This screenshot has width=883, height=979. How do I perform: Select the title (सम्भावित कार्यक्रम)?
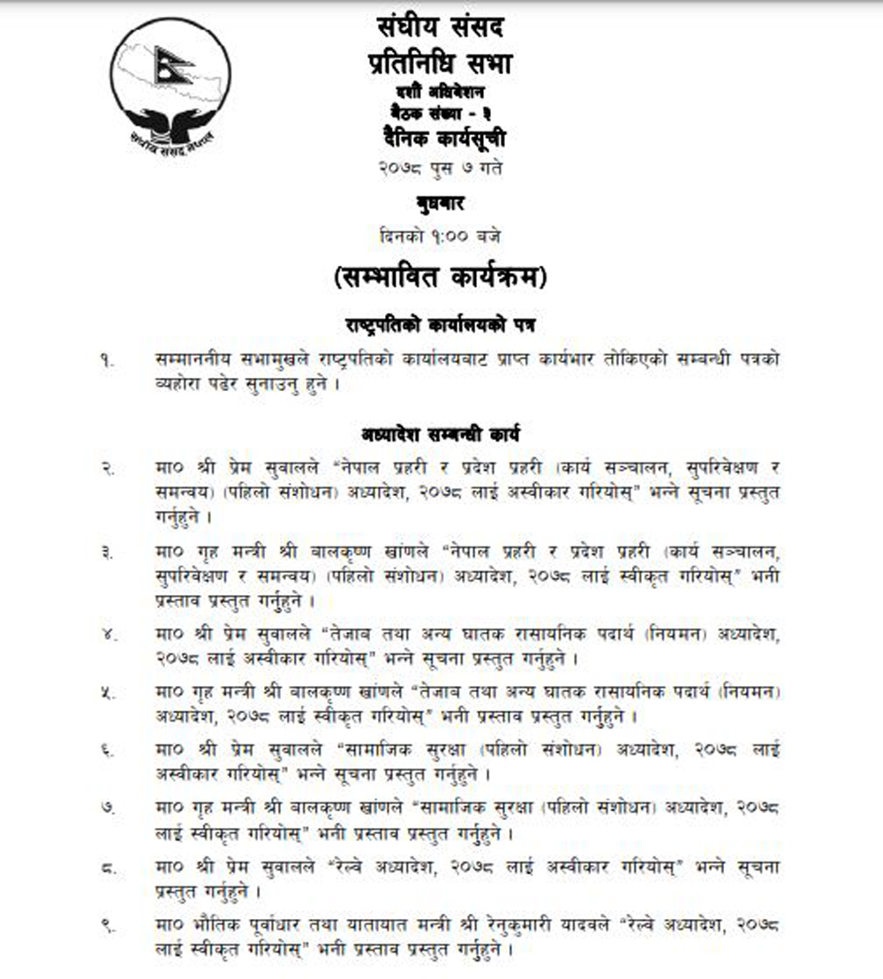(439, 278)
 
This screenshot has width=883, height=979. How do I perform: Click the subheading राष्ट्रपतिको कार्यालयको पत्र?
(440, 324)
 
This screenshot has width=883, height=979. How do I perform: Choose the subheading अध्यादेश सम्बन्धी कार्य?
(440, 433)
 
